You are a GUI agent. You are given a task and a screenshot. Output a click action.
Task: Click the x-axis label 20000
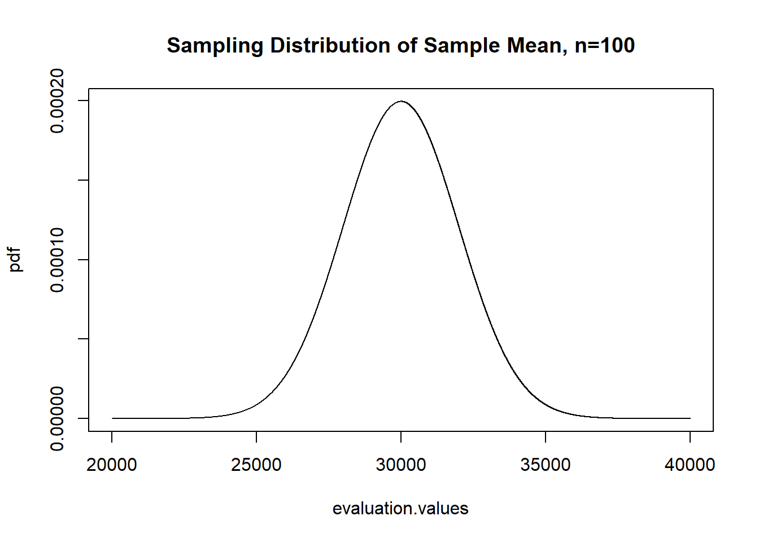pos(112,465)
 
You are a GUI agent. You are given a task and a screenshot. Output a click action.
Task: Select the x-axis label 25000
pos(256,465)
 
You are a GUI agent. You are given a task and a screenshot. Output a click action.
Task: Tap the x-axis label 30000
pos(401,465)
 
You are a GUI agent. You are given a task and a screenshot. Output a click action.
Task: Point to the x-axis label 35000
pos(546,465)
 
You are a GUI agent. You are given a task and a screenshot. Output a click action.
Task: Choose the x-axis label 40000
pos(690,465)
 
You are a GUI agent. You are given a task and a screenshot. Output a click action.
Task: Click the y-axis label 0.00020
pos(57,101)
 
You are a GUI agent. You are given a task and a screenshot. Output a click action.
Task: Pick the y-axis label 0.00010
pos(57,260)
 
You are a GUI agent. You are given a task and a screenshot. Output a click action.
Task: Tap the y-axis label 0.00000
pos(57,418)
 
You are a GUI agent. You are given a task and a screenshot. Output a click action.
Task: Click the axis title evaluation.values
pos(400,509)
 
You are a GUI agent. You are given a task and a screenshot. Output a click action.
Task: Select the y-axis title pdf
pos(15,260)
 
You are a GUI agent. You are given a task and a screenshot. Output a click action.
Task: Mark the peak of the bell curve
pos(401,102)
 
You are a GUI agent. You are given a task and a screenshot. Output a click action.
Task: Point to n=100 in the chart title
pos(605,46)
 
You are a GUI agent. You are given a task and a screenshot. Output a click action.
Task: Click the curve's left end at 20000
pos(112,418)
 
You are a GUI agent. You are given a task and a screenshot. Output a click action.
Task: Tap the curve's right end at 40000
pos(690,418)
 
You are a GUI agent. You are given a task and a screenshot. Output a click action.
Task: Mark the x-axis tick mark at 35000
pos(546,436)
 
